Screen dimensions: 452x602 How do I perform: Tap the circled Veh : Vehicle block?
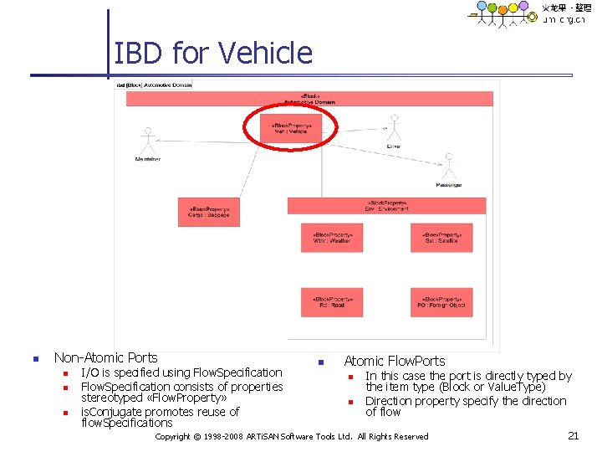click(x=289, y=128)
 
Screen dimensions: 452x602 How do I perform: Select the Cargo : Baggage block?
click(x=208, y=212)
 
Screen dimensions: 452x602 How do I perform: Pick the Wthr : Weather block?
click(x=332, y=238)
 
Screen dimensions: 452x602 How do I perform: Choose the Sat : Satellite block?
click(x=441, y=238)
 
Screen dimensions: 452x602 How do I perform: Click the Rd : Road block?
click(x=332, y=302)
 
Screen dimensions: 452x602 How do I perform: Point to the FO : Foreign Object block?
click(x=441, y=302)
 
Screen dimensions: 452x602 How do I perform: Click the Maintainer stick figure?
click(x=148, y=141)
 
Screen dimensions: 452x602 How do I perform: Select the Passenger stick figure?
click(x=448, y=167)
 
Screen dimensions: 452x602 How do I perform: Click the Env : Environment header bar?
click(x=386, y=205)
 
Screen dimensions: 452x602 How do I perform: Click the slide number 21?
click(x=573, y=435)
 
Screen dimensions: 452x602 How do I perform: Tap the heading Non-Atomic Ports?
click(x=105, y=357)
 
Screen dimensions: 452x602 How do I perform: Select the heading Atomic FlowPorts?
click(x=395, y=362)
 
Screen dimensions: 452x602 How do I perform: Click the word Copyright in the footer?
click(x=172, y=436)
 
